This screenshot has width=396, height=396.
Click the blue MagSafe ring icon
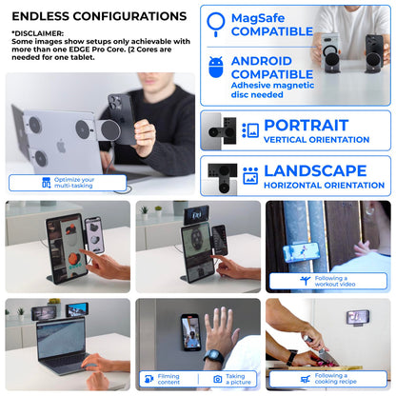point(215,23)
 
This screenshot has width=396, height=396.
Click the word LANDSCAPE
point(313,170)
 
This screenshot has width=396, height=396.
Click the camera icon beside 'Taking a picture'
point(218,378)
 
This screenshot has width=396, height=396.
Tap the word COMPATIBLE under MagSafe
point(272,31)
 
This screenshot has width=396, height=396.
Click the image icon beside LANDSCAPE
point(250,176)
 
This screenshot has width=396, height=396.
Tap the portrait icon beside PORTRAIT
point(250,130)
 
